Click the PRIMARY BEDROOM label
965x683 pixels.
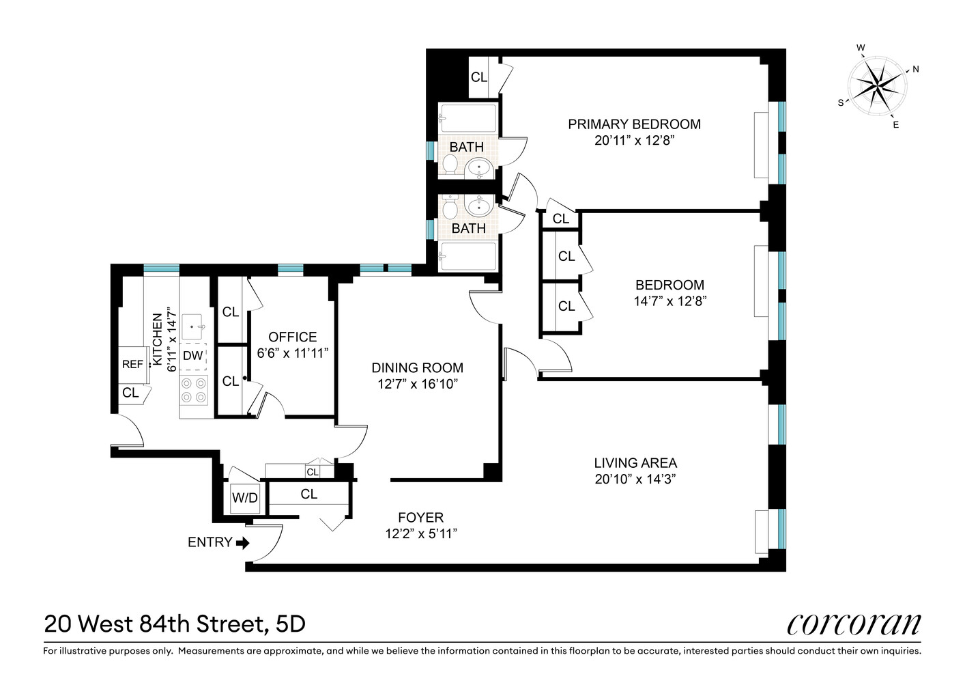click(x=634, y=124)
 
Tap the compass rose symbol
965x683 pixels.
click(x=878, y=85)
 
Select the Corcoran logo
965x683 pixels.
click(x=854, y=624)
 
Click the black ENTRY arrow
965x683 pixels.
click(x=242, y=543)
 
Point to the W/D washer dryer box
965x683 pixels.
click(x=244, y=498)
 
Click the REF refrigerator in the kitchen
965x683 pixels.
click(x=132, y=364)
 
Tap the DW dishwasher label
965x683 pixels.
click(x=193, y=356)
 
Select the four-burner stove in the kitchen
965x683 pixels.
click(x=193, y=390)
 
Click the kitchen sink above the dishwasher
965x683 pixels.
click(x=194, y=326)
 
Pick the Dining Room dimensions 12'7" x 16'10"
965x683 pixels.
click(x=417, y=384)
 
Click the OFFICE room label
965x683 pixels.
click(x=292, y=337)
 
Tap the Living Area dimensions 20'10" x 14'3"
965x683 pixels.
click(x=635, y=479)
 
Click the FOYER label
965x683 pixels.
click(x=420, y=518)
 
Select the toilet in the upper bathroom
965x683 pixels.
click(x=450, y=165)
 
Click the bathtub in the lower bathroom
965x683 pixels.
click(x=468, y=257)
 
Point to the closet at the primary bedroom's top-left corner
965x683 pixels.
click(x=478, y=77)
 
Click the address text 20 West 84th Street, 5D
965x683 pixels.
click(x=175, y=624)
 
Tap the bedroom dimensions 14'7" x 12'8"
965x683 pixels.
click(x=669, y=301)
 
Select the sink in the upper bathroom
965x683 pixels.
click(x=480, y=166)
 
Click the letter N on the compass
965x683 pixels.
click(x=916, y=69)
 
